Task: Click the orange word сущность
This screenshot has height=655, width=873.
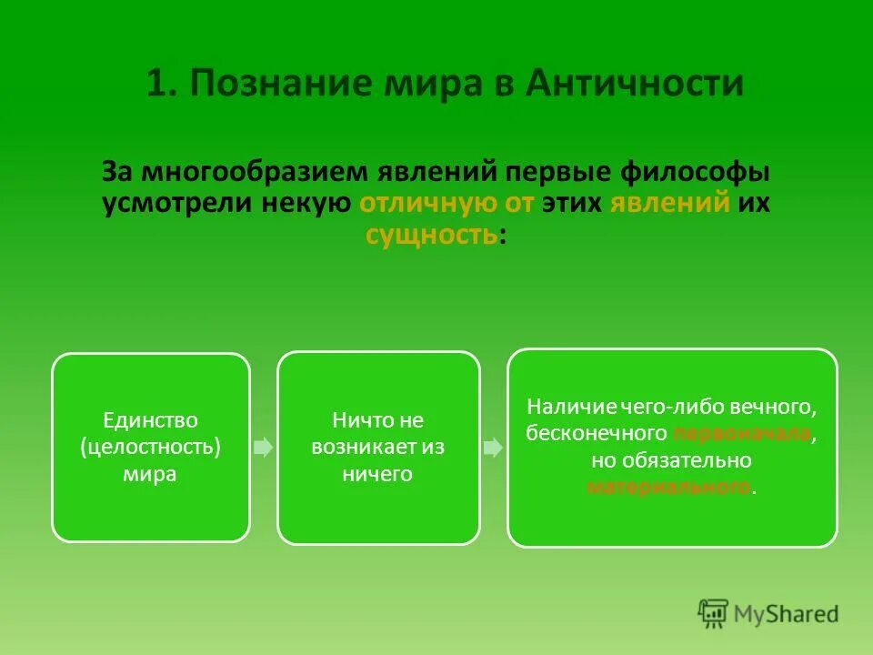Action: point(431,235)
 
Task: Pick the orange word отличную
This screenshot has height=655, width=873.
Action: point(417,203)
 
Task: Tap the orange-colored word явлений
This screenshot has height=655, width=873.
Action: point(670,203)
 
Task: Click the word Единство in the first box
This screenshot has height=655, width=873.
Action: point(150,420)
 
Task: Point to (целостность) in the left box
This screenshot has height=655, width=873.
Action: point(150,448)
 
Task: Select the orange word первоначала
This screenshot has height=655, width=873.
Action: point(742,433)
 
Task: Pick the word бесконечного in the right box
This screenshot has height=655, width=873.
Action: point(597,433)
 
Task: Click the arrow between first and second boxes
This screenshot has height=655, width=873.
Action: point(263,448)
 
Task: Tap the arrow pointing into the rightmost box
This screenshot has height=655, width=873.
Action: point(493,448)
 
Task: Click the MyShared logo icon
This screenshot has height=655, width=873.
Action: point(714,613)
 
